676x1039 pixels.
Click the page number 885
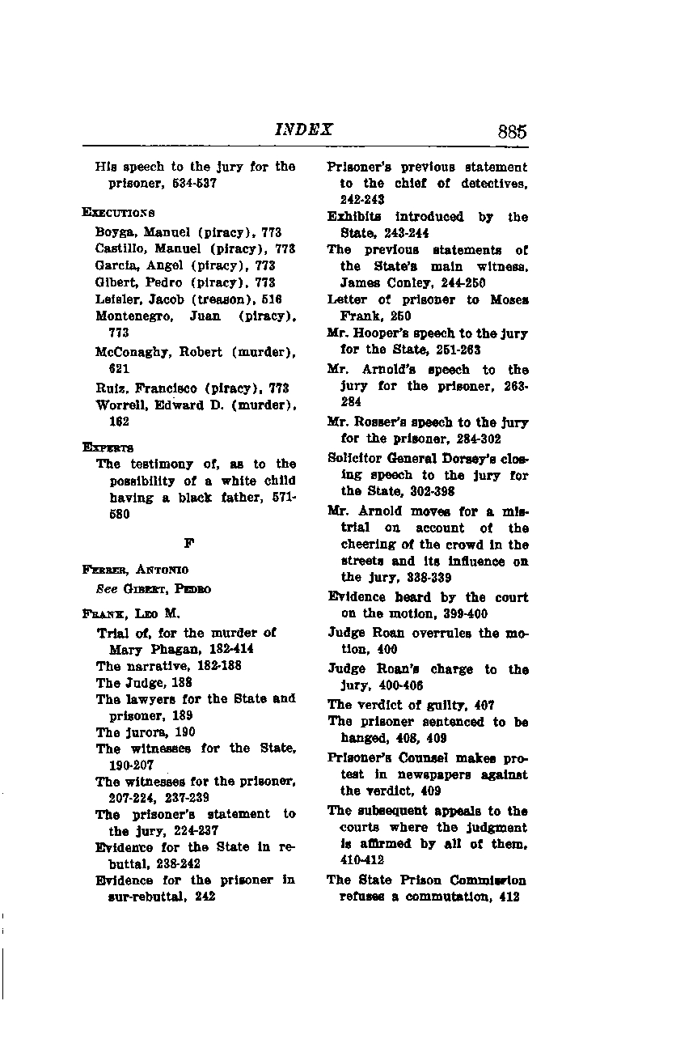point(513,132)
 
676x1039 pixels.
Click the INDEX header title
point(304,130)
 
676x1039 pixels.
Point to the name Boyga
point(112,232)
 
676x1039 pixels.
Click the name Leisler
point(115,299)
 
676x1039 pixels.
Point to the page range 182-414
point(210,649)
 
